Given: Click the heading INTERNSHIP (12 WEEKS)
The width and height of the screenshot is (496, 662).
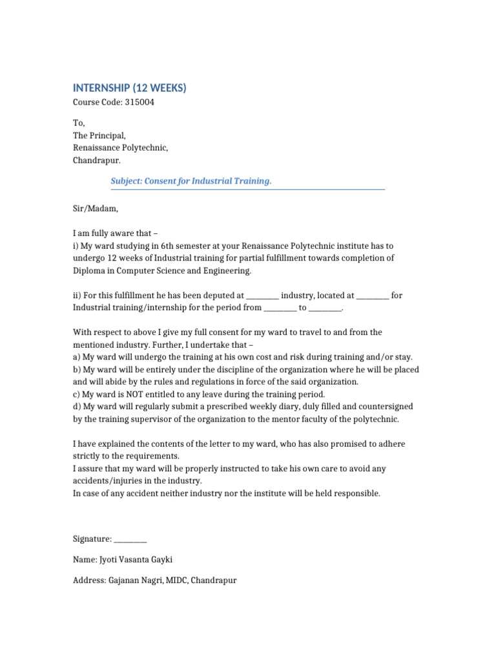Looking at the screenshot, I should pyautogui.click(x=129, y=88).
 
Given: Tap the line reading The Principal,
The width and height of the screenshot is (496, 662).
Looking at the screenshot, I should pyautogui.click(x=99, y=136).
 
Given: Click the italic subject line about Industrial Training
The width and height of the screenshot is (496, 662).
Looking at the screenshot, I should pyautogui.click(x=191, y=181).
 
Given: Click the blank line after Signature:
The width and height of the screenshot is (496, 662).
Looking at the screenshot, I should pyautogui.click(x=130, y=539).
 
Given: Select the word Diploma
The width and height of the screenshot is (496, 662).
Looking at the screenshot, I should pyautogui.click(x=88, y=271).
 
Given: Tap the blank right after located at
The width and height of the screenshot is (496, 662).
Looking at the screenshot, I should pyautogui.click(x=373, y=296).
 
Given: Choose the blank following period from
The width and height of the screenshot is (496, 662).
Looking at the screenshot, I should pyautogui.click(x=280, y=308).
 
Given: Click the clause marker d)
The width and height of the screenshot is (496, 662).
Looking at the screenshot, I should pyautogui.click(x=76, y=407).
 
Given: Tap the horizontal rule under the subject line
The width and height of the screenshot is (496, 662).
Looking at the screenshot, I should pyautogui.click(x=247, y=189).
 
